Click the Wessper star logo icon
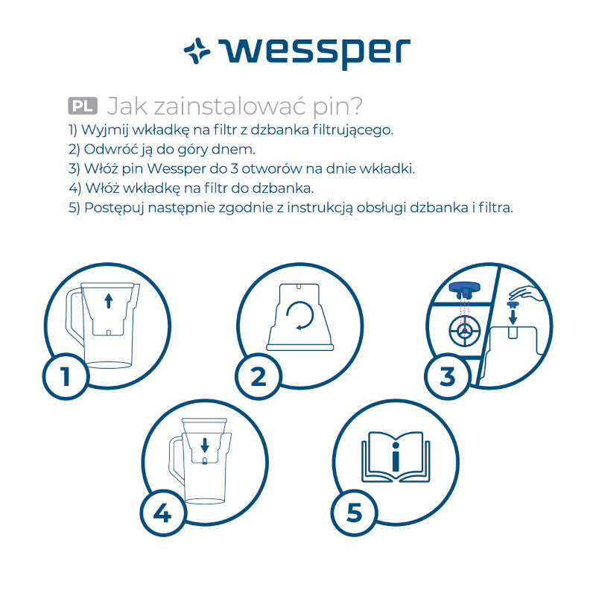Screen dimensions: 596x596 197,51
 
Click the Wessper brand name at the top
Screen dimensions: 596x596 314,53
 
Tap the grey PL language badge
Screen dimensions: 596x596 83,106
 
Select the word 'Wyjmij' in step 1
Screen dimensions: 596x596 104,130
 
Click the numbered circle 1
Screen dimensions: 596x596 66,376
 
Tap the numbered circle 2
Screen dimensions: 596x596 259,376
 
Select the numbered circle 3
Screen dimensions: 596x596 448,376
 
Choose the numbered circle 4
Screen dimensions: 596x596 162,513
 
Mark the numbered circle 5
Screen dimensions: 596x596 355,513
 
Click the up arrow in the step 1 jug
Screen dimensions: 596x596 109,301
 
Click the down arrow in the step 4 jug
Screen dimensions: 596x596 205,445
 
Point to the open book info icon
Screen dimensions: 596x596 396,457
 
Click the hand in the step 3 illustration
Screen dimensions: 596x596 527,294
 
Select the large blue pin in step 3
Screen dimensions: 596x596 464,291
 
